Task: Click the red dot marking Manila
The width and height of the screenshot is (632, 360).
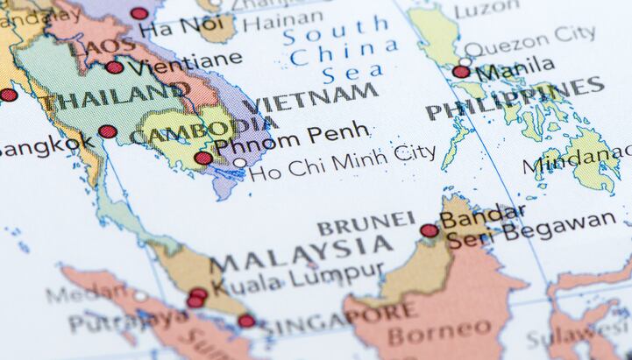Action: point(461,72)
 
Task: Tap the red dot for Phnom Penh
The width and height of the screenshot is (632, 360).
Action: point(203,159)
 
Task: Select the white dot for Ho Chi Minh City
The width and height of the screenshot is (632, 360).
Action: point(239,163)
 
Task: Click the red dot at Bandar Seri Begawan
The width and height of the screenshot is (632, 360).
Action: point(429,231)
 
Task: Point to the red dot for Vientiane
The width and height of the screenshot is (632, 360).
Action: point(115,67)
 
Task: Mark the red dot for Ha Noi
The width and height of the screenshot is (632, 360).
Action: point(139,13)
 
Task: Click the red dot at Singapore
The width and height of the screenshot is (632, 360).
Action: point(247,321)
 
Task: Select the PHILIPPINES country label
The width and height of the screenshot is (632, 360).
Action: point(515,98)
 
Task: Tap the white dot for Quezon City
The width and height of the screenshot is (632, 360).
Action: point(465,60)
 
